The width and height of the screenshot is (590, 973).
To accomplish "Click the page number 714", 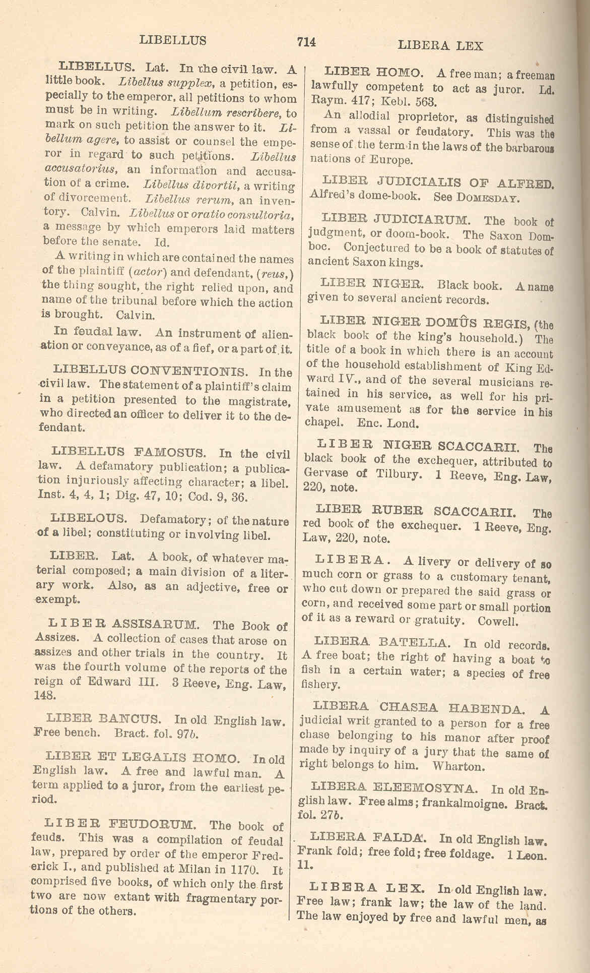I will [x=306, y=42].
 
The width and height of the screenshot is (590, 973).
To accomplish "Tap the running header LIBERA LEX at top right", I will [x=440, y=46].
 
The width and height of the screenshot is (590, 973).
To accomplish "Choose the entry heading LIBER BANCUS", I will [x=103, y=719].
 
